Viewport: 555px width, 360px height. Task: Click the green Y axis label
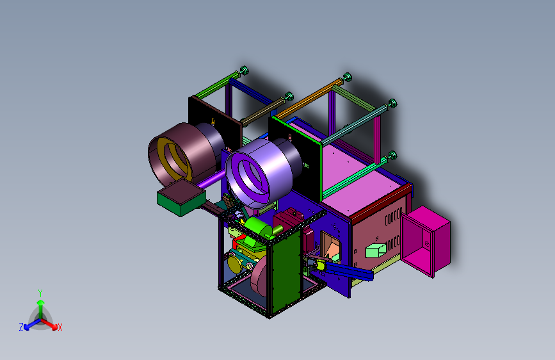(40, 293)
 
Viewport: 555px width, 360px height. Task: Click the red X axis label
(60, 328)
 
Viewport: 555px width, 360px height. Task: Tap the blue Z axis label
(21, 327)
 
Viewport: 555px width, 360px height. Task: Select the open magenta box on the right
(425, 241)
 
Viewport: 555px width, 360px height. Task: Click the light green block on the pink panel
(375, 250)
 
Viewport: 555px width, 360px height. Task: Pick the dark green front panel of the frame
(286, 271)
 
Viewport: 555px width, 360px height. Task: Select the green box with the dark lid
(181, 197)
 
